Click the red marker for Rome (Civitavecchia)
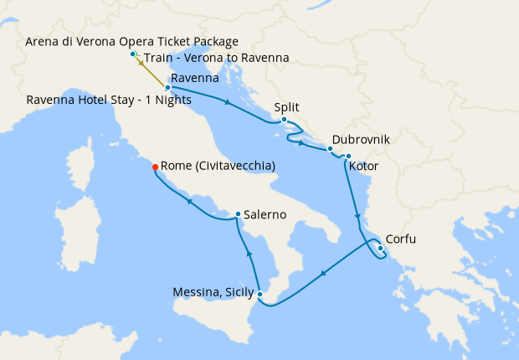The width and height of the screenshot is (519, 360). click(x=155, y=167)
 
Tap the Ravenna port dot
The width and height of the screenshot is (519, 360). click(x=168, y=87)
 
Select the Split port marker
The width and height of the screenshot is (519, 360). click(x=285, y=120)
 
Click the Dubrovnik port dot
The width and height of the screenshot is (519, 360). click(x=331, y=149)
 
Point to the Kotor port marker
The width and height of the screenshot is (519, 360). click(x=347, y=156)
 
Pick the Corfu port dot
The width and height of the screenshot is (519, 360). click(x=380, y=248)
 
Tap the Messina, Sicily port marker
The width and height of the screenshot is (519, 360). click(x=260, y=294)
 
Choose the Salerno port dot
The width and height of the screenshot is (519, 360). click(x=239, y=214)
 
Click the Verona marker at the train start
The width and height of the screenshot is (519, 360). click(x=133, y=54)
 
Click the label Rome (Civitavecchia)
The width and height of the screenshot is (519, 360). click(x=217, y=167)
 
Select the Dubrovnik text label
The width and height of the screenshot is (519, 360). click(x=361, y=140)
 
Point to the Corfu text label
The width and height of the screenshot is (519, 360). click(x=401, y=239)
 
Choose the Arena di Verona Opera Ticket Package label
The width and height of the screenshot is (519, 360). click(x=132, y=41)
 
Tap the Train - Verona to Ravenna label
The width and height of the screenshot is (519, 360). click(x=217, y=58)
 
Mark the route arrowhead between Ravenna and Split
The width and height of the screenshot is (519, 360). click(x=227, y=102)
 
